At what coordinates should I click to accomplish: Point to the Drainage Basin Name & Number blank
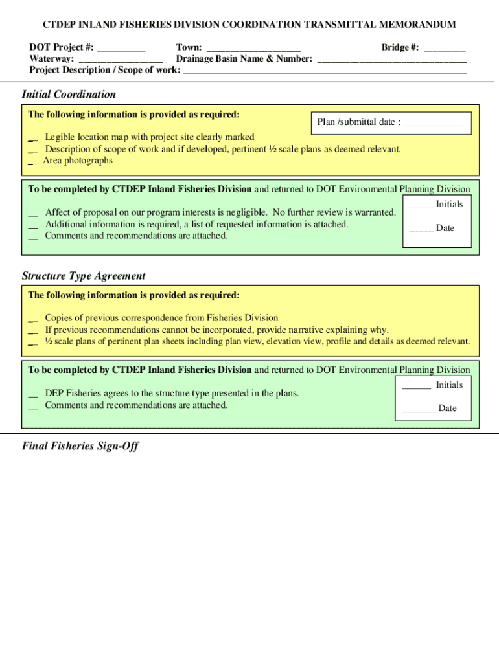coord(391,60)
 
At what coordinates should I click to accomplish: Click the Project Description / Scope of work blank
coord(325,71)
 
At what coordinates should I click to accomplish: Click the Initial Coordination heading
coord(69,95)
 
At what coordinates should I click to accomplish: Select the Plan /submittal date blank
coord(432,123)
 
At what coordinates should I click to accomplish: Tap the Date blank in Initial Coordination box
coord(421,229)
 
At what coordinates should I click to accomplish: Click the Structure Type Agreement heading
coord(84,276)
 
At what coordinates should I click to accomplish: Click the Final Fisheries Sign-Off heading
coord(80,446)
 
